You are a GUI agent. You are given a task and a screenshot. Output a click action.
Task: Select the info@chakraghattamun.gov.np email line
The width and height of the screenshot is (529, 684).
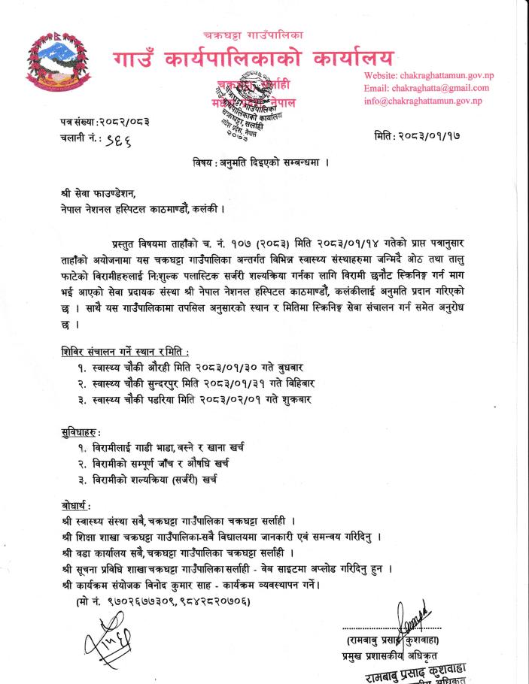coord(422,101)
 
